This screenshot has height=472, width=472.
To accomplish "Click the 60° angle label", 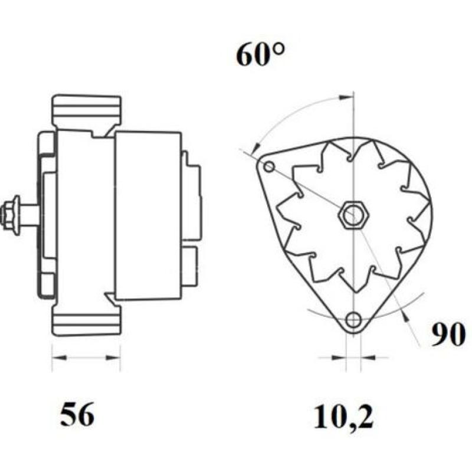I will point(260,55).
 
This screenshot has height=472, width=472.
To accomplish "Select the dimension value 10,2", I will point(344,416).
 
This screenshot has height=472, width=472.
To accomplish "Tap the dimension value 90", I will point(448,336).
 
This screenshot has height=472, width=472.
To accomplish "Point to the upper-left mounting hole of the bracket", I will point(269,167).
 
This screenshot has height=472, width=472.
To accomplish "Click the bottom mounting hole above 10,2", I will point(353,320).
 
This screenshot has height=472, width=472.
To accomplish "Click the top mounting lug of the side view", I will point(86,112).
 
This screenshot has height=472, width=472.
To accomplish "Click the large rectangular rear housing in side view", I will point(147,215).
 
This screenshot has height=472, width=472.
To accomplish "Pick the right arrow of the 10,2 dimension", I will point(366,358).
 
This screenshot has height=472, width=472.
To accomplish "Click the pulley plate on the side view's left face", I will point(47,215).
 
